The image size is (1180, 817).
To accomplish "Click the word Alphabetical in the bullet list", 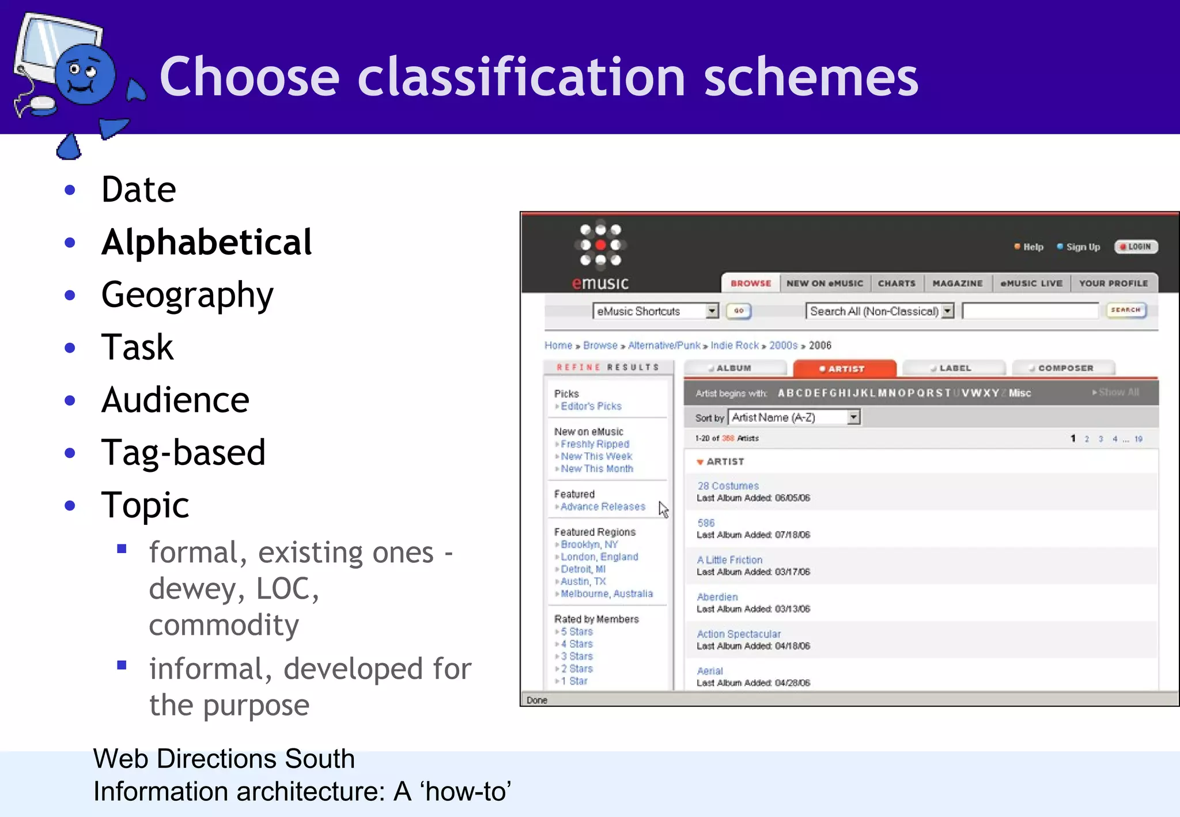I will [206, 242].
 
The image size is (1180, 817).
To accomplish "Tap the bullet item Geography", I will [187, 295].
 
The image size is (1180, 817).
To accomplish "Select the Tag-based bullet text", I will [183, 452].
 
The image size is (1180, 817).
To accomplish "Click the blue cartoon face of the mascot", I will [85, 75].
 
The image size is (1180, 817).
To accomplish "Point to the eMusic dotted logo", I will [600, 245].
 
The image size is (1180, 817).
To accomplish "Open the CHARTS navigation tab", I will [897, 283].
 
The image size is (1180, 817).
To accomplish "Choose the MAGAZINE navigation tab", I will [958, 283].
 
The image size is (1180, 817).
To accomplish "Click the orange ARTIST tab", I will [845, 369].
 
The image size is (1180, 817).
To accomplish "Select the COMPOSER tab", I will [1064, 368].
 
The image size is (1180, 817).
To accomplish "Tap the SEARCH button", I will [1126, 311].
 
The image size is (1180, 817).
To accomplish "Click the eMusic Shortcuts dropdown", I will [656, 311].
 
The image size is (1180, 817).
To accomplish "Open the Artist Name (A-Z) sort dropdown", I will [794, 417].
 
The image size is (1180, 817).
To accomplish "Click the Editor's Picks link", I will [591, 406].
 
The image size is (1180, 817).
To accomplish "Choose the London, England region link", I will [599, 557].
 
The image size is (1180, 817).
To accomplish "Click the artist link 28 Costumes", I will [728, 486].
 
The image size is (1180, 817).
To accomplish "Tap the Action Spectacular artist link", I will [739, 634].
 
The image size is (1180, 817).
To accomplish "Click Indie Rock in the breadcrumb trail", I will [735, 345].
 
